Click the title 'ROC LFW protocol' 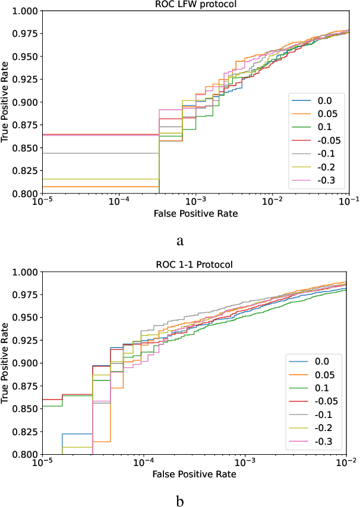point(194,5)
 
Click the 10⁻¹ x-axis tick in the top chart point(349,202)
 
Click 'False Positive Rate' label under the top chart point(194,213)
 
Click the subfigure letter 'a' point(179,240)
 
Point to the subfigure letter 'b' point(179,500)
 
